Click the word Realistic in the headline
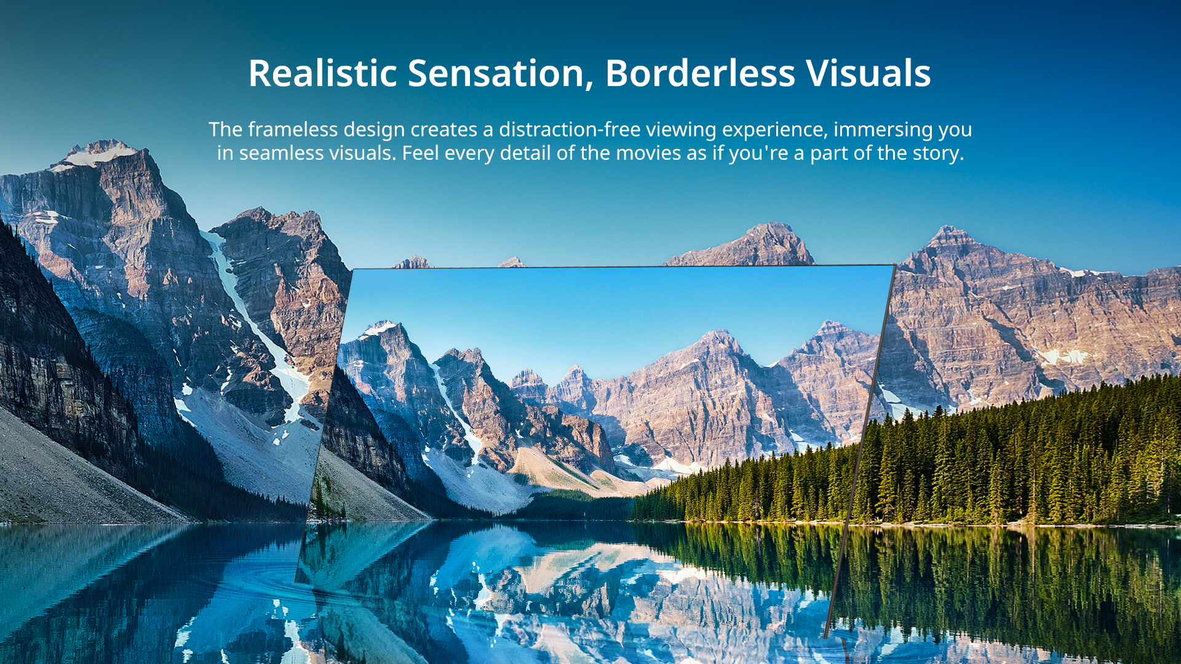pyautogui.click(x=323, y=73)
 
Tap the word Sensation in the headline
pyautogui.click(x=496, y=73)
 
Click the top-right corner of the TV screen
pyautogui.click(x=894, y=265)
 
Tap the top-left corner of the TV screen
pyautogui.click(x=352, y=269)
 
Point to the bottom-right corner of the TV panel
pyautogui.click(x=826, y=638)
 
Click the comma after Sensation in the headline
pyautogui.click(x=589, y=86)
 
